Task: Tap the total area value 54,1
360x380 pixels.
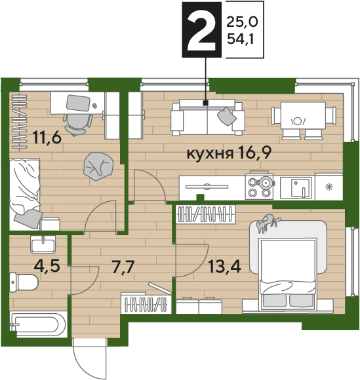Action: pyautogui.click(x=241, y=39)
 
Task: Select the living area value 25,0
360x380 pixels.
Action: pyautogui.click(x=242, y=22)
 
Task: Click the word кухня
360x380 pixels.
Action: pyautogui.click(x=210, y=154)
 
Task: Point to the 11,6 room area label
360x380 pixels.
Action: pyautogui.click(x=47, y=137)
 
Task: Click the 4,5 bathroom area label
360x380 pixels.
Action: pyautogui.click(x=47, y=266)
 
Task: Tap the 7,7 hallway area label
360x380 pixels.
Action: pyautogui.click(x=123, y=267)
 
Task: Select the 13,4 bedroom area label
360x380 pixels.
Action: pyautogui.click(x=225, y=267)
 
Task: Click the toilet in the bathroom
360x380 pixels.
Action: pyautogui.click(x=24, y=282)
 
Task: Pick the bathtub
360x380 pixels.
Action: pyautogui.click(x=38, y=324)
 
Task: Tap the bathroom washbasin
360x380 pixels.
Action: pyautogui.click(x=43, y=244)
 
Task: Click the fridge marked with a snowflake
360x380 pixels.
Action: pyautogui.click(x=329, y=187)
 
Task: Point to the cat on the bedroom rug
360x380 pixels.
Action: pyautogui.click(x=268, y=223)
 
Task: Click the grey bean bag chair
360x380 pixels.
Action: pyautogui.click(x=98, y=166)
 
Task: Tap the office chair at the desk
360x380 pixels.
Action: pyautogui.click(x=77, y=124)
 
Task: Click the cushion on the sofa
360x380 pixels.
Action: pyautogui.click(x=227, y=117)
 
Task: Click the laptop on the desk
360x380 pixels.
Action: pyautogui.click(x=78, y=103)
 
